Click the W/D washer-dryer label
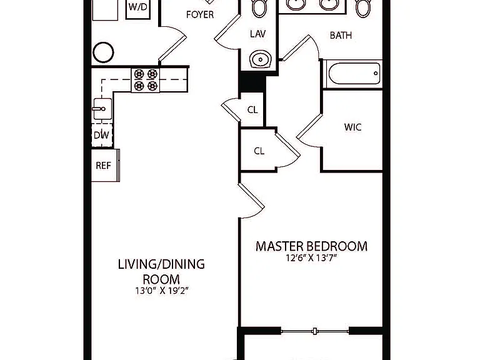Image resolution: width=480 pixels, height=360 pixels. (138, 7)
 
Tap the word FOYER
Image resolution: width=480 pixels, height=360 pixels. (200, 14)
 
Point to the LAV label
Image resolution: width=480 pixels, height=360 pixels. (257, 34)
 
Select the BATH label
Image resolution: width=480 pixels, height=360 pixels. (341, 36)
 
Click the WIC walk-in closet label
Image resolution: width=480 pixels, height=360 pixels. (352, 127)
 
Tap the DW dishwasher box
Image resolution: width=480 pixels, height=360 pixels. (102, 135)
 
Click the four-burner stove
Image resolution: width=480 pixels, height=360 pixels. (146, 80)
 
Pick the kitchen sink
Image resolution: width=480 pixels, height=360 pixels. (102, 109)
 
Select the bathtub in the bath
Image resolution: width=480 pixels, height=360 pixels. (354, 74)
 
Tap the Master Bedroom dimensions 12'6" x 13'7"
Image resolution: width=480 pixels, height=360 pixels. (311, 258)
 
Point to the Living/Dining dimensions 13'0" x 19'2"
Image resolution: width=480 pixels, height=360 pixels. (162, 290)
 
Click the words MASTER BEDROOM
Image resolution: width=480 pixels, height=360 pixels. (311, 246)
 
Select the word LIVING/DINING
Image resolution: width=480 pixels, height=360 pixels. (161, 264)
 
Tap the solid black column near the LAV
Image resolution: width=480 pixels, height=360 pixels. (252, 82)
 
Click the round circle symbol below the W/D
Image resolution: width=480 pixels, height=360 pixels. (103, 52)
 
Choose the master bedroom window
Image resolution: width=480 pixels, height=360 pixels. (315, 331)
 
